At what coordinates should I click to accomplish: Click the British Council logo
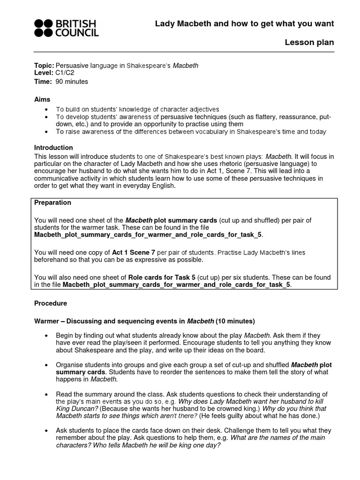(x=66, y=28)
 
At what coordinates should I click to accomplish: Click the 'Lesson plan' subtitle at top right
(x=309, y=43)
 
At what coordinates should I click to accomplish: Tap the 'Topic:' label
(x=44, y=66)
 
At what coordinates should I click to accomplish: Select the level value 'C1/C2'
(x=65, y=74)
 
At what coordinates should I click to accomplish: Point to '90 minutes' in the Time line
(x=72, y=82)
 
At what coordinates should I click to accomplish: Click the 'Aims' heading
(x=42, y=99)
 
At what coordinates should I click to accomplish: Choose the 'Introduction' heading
(x=53, y=148)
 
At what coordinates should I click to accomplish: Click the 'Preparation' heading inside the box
(x=53, y=202)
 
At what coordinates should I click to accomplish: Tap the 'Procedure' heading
(x=51, y=303)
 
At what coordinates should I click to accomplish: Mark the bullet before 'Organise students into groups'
(x=45, y=365)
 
